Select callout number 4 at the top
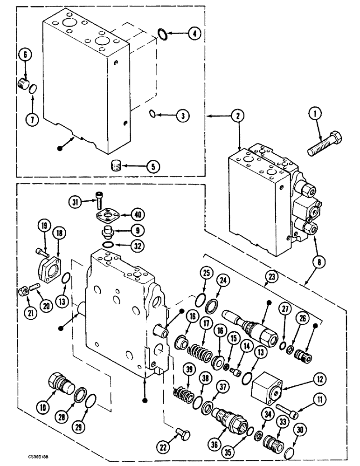(195, 34)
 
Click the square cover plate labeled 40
(108, 215)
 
